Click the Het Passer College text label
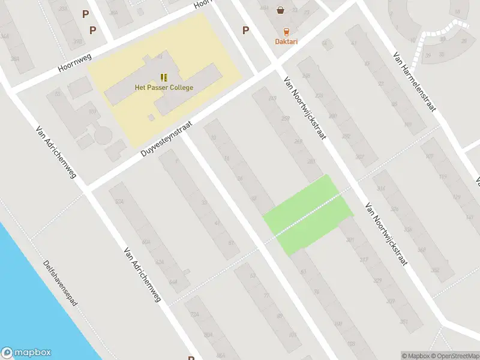[x=164, y=88]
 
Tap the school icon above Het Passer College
[x=164, y=77]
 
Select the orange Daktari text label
[x=286, y=41]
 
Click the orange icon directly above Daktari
[x=286, y=31]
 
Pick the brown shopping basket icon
[x=280, y=10]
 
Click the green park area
[x=308, y=214]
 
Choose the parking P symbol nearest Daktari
[x=245, y=30]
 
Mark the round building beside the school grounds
[x=103, y=135]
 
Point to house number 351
[x=403, y=322]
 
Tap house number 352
[x=435, y=270]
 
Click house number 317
[x=364, y=260]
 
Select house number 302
[x=359, y=157]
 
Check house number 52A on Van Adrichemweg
[x=119, y=201]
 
